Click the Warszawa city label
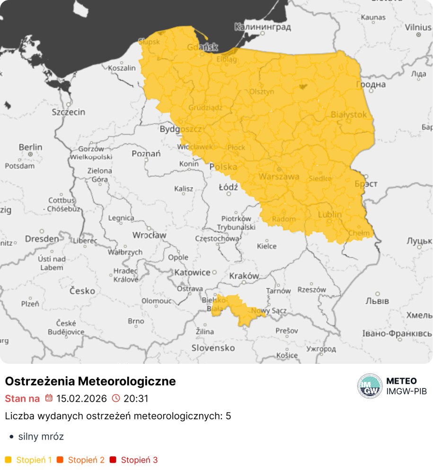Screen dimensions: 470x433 tap(279, 177)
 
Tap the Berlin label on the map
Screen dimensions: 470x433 tap(30, 147)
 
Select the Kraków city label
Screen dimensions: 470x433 tap(244, 276)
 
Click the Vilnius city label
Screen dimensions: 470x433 tap(418, 27)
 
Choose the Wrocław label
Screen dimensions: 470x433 tap(149, 235)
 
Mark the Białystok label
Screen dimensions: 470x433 tap(349, 115)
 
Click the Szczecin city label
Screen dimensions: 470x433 tap(68, 112)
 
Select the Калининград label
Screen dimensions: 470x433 tap(263, 27)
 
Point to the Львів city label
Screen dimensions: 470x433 tap(377, 301)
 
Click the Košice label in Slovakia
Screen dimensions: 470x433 tap(287, 355)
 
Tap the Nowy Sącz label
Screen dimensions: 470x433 tap(265, 311)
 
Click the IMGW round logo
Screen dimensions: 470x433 tap(370, 386)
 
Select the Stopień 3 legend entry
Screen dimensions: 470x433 tap(139, 460)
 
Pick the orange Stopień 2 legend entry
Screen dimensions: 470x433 tap(86, 460)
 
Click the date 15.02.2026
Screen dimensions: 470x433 tap(81, 398)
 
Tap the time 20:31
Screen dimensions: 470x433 tap(136, 398)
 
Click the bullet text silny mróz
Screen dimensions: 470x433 tap(41, 436)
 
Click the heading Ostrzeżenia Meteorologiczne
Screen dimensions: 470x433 tap(90, 381)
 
